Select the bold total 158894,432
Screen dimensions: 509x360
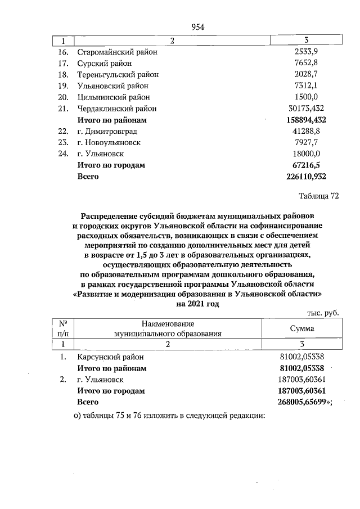pyautogui.click(x=303, y=120)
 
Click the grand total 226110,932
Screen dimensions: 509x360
pyautogui.click(x=303, y=177)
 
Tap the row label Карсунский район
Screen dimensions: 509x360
pyautogui.click(x=110, y=357)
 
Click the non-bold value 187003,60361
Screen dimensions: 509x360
pyautogui.click(x=303, y=380)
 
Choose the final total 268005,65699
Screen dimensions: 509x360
pyautogui.click(x=303, y=402)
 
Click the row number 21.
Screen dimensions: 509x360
pyautogui.click(x=63, y=109)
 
